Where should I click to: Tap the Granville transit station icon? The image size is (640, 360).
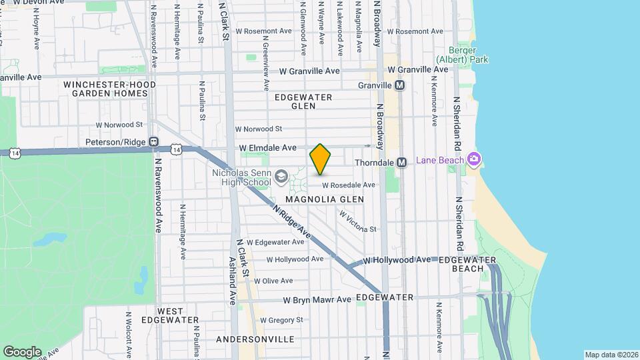coord(400,85)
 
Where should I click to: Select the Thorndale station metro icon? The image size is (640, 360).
coord(401,162)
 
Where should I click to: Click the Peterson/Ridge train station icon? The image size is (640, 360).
coord(153,142)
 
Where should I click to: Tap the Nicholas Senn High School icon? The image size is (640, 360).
coord(281,175)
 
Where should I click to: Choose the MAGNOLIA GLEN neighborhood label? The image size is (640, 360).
coord(325,199)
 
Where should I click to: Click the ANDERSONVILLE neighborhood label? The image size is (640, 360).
coord(255,339)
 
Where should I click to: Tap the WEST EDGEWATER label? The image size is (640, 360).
coord(180,315)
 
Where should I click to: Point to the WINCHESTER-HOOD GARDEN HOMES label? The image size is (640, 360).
coord(110,89)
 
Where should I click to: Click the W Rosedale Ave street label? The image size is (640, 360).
coord(349,185)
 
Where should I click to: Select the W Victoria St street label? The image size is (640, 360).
coord(358,222)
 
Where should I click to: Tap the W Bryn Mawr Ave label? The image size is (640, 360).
coord(317,300)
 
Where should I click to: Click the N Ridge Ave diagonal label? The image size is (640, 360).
coord(293,222)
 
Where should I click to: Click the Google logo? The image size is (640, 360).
coord(22,352)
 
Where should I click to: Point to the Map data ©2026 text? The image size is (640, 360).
coord(611,355)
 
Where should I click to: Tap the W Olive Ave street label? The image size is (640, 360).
coord(275,281)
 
